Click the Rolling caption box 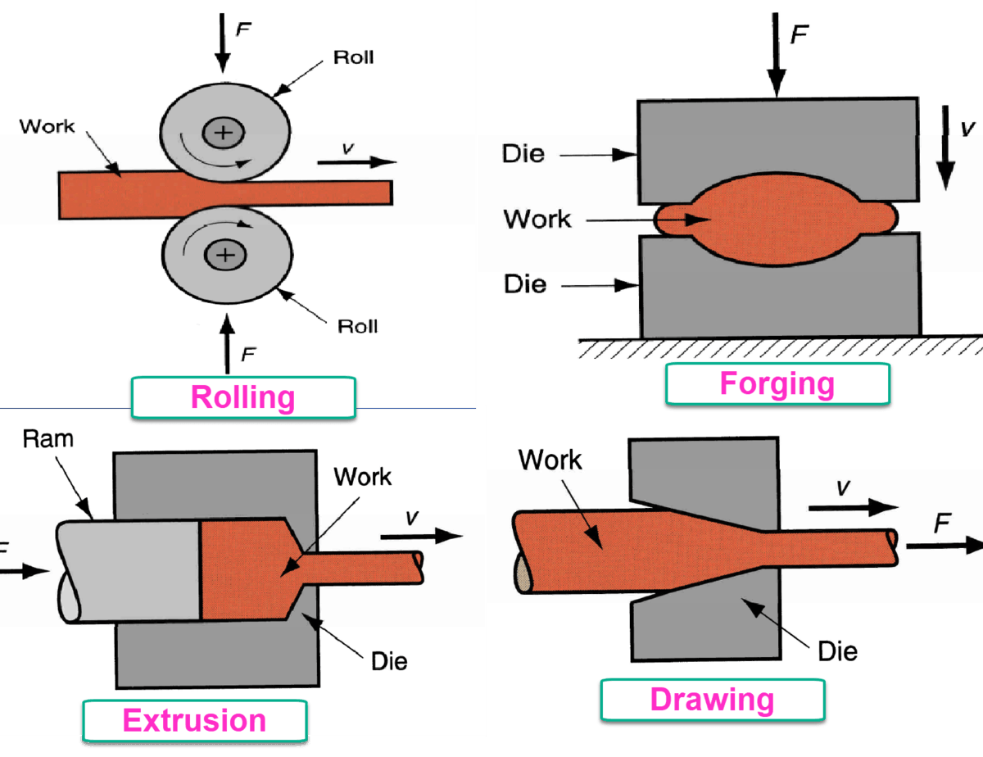click(242, 397)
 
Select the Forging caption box click(777, 383)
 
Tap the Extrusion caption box click(194, 721)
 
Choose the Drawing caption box click(712, 699)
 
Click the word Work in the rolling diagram click(47, 126)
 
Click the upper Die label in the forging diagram click(524, 153)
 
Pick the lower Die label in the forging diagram click(524, 284)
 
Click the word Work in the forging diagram click(537, 219)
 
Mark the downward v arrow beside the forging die click(946, 147)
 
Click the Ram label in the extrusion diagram click(48, 439)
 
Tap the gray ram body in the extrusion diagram click(131, 570)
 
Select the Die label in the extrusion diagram click(388, 660)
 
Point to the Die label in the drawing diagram click(838, 650)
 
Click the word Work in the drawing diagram click(550, 460)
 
